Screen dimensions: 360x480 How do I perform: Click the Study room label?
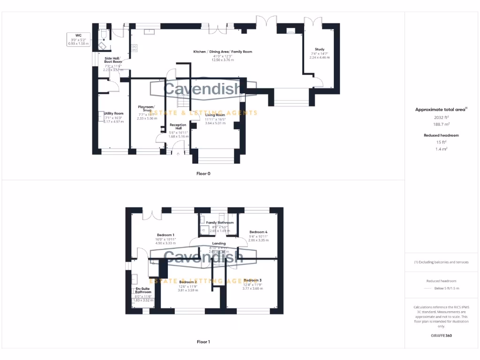pos(319,49)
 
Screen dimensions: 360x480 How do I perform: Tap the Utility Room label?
pos(114,113)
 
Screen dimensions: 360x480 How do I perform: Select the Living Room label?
pos(216,115)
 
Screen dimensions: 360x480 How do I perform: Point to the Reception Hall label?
pos(178,127)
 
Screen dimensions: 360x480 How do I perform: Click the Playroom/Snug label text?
pos(146,109)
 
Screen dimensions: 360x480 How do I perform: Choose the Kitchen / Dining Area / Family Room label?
pos(223,52)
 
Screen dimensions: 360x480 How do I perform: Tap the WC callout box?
pos(78,39)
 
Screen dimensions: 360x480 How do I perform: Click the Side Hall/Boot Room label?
pos(112,60)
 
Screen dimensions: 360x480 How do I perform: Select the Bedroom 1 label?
pos(165,235)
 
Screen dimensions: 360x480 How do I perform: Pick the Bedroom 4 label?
pos(258,232)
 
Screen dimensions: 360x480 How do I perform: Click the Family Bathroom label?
pos(220,223)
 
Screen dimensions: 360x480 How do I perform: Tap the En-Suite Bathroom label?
pos(143,290)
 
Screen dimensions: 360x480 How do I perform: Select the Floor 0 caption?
pos(203,173)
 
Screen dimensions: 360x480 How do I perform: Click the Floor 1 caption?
pos(203,342)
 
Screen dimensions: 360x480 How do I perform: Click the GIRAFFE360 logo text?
pos(442,336)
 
